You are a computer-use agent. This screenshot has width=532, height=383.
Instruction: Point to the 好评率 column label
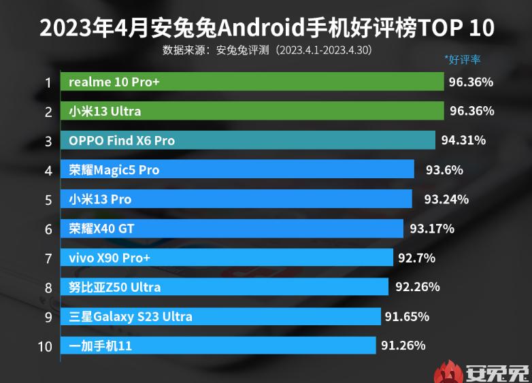click(x=462, y=59)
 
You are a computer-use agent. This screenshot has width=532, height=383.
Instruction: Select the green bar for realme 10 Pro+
click(x=252, y=82)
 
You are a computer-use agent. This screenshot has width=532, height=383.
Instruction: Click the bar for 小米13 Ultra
click(x=252, y=111)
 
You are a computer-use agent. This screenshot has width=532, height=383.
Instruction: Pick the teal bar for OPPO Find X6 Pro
click(x=248, y=140)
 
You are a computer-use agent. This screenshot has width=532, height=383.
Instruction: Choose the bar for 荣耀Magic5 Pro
click(x=237, y=169)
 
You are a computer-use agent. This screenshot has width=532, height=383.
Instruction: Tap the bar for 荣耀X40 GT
click(x=232, y=229)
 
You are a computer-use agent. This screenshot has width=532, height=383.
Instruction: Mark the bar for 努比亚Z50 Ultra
click(x=225, y=287)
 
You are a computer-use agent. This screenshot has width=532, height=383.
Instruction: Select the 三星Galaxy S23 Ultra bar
click(x=220, y=316)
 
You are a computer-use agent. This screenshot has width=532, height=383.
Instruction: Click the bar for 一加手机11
click(x=218, y=346)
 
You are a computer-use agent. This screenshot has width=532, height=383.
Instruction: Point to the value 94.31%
click(x=463, y=140)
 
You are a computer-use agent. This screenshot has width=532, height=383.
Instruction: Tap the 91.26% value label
click(x=403, y=346)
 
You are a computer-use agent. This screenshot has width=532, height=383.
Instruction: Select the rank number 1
click(x=48, y=82)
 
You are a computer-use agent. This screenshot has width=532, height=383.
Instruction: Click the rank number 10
click(x=45, y=346)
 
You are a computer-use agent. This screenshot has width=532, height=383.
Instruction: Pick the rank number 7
click(x=48, y=259)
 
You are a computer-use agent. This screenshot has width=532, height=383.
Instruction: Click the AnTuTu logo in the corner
click(x=483, y=371)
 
